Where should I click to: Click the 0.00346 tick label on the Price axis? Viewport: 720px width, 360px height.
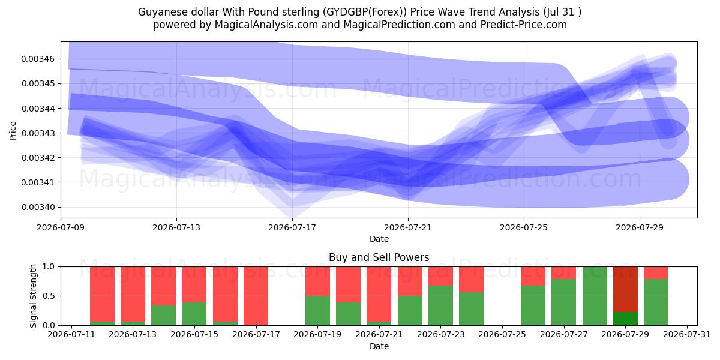point(38,59)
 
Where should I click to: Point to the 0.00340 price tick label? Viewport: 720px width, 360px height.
point(38,207)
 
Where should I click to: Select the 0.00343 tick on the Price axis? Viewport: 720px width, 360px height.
point(38,133)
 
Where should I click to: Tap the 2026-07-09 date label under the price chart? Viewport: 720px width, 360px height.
point(61,227)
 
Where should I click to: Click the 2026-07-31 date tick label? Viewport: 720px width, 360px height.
point(687,334)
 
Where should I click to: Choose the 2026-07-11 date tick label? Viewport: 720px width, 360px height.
point(71,334)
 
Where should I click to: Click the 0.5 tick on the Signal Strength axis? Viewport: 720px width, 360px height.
point(49,296)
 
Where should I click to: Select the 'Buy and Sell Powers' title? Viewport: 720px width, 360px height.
point(379,257)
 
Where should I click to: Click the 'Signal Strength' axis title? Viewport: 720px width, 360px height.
point(33,296)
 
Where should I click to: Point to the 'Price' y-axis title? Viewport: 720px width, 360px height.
point(13,131)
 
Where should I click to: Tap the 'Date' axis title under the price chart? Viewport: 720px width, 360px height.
point(379,239)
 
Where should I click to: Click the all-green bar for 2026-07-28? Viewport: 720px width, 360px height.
point(595,296)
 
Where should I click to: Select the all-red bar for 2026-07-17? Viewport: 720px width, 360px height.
point(256,296)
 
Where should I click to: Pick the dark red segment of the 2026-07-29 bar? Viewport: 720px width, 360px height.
point(625,289)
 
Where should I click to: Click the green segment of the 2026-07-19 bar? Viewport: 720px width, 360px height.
point(317,311)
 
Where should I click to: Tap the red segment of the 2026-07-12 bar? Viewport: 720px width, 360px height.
point(102,294)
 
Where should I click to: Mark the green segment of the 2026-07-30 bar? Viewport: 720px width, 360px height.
point(656,302)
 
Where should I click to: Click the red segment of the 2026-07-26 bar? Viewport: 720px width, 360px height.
point(533,276)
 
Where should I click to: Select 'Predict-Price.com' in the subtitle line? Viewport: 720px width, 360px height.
point(524,25)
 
